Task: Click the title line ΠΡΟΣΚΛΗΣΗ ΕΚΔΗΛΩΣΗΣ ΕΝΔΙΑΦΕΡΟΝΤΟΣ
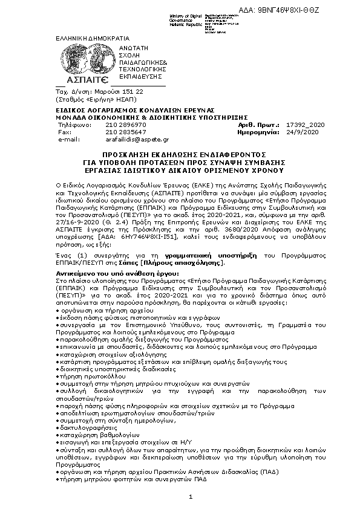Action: (180, 155)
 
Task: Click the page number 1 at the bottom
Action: (190, 496)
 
